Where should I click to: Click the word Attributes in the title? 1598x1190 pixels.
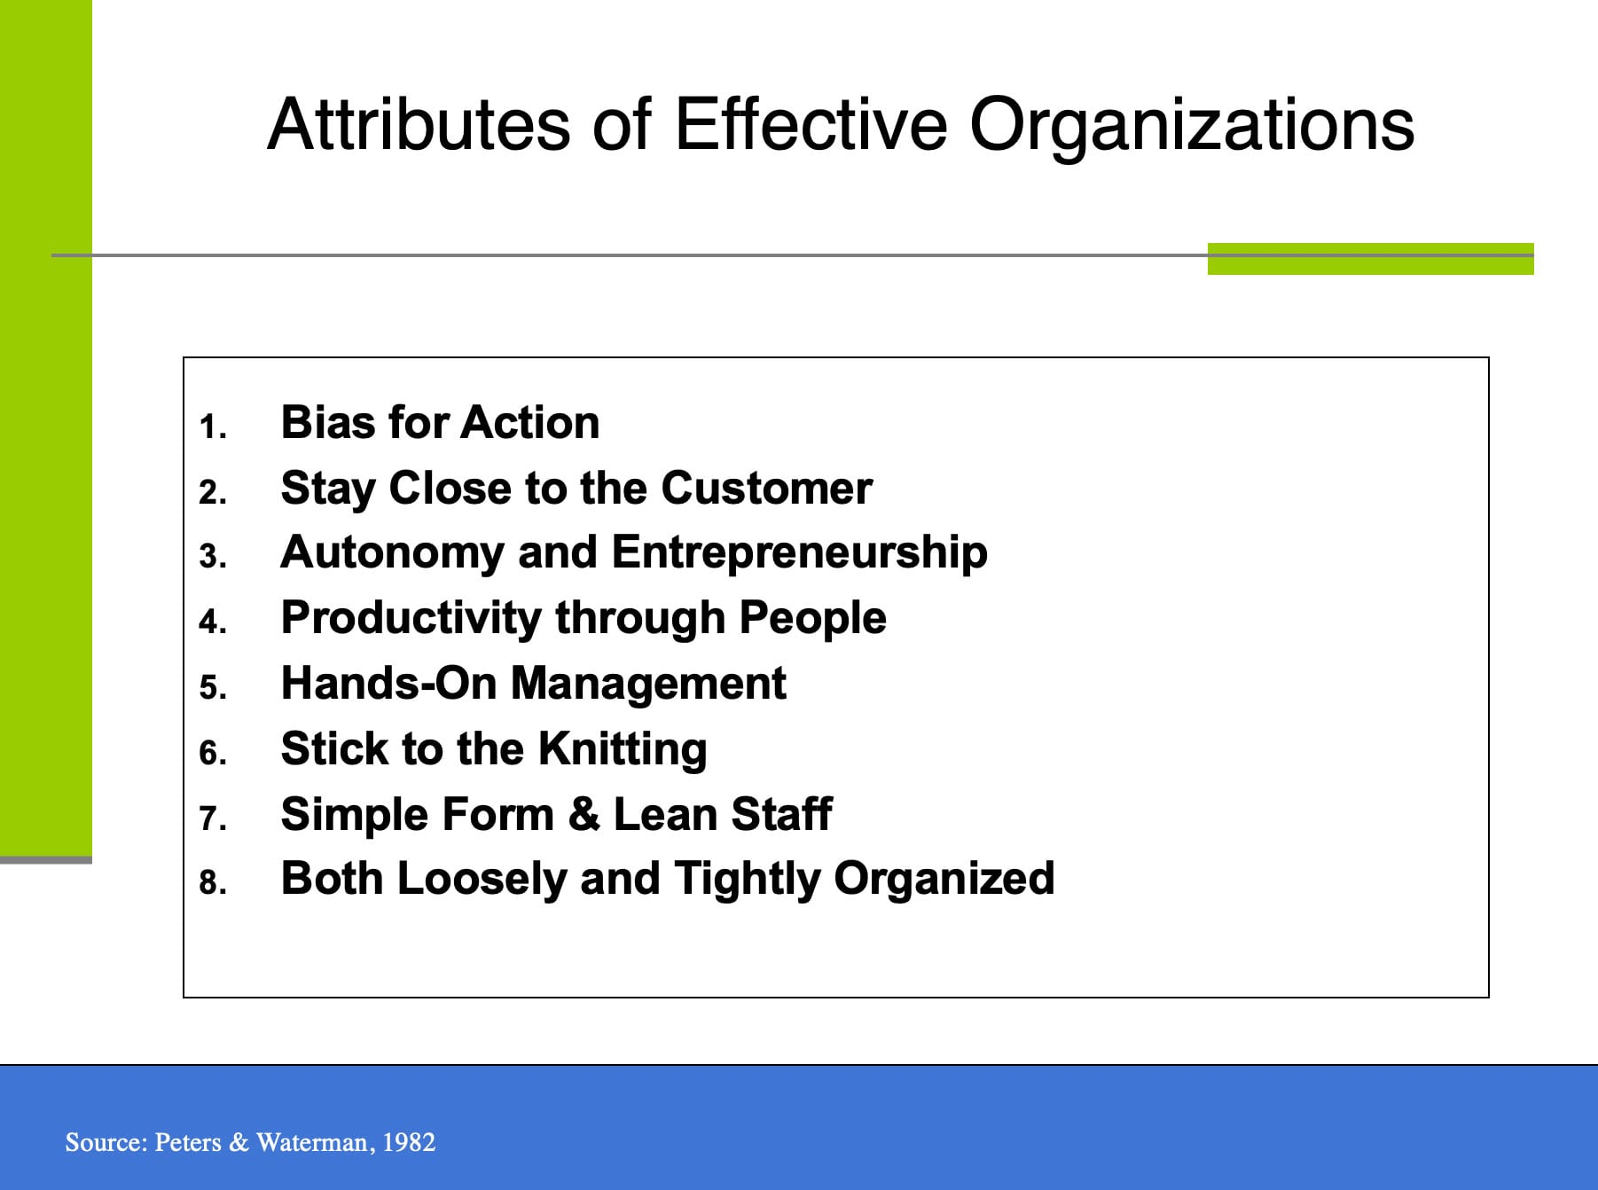[418, 124]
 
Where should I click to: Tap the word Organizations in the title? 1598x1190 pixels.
[1191, 126]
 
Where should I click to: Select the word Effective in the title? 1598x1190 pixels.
[811, 124]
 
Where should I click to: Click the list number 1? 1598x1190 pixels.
[212, 427]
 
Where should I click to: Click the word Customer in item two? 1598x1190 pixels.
[766, 489]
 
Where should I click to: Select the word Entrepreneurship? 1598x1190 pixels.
[799, 553]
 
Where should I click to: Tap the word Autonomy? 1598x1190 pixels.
[392, 553]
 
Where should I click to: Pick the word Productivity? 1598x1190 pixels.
[411, 618]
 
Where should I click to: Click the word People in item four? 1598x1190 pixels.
[812, 618]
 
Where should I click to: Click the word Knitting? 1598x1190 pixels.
[623, 749]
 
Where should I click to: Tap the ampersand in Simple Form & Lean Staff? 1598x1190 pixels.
[584, 814]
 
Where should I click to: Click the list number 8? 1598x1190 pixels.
[212, 883]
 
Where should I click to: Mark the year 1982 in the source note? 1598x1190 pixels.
[409, 1142]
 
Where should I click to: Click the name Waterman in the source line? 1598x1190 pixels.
[311, 1142]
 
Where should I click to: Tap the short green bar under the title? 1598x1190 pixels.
[1370, 259]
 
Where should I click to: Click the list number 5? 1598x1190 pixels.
[212, 688]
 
